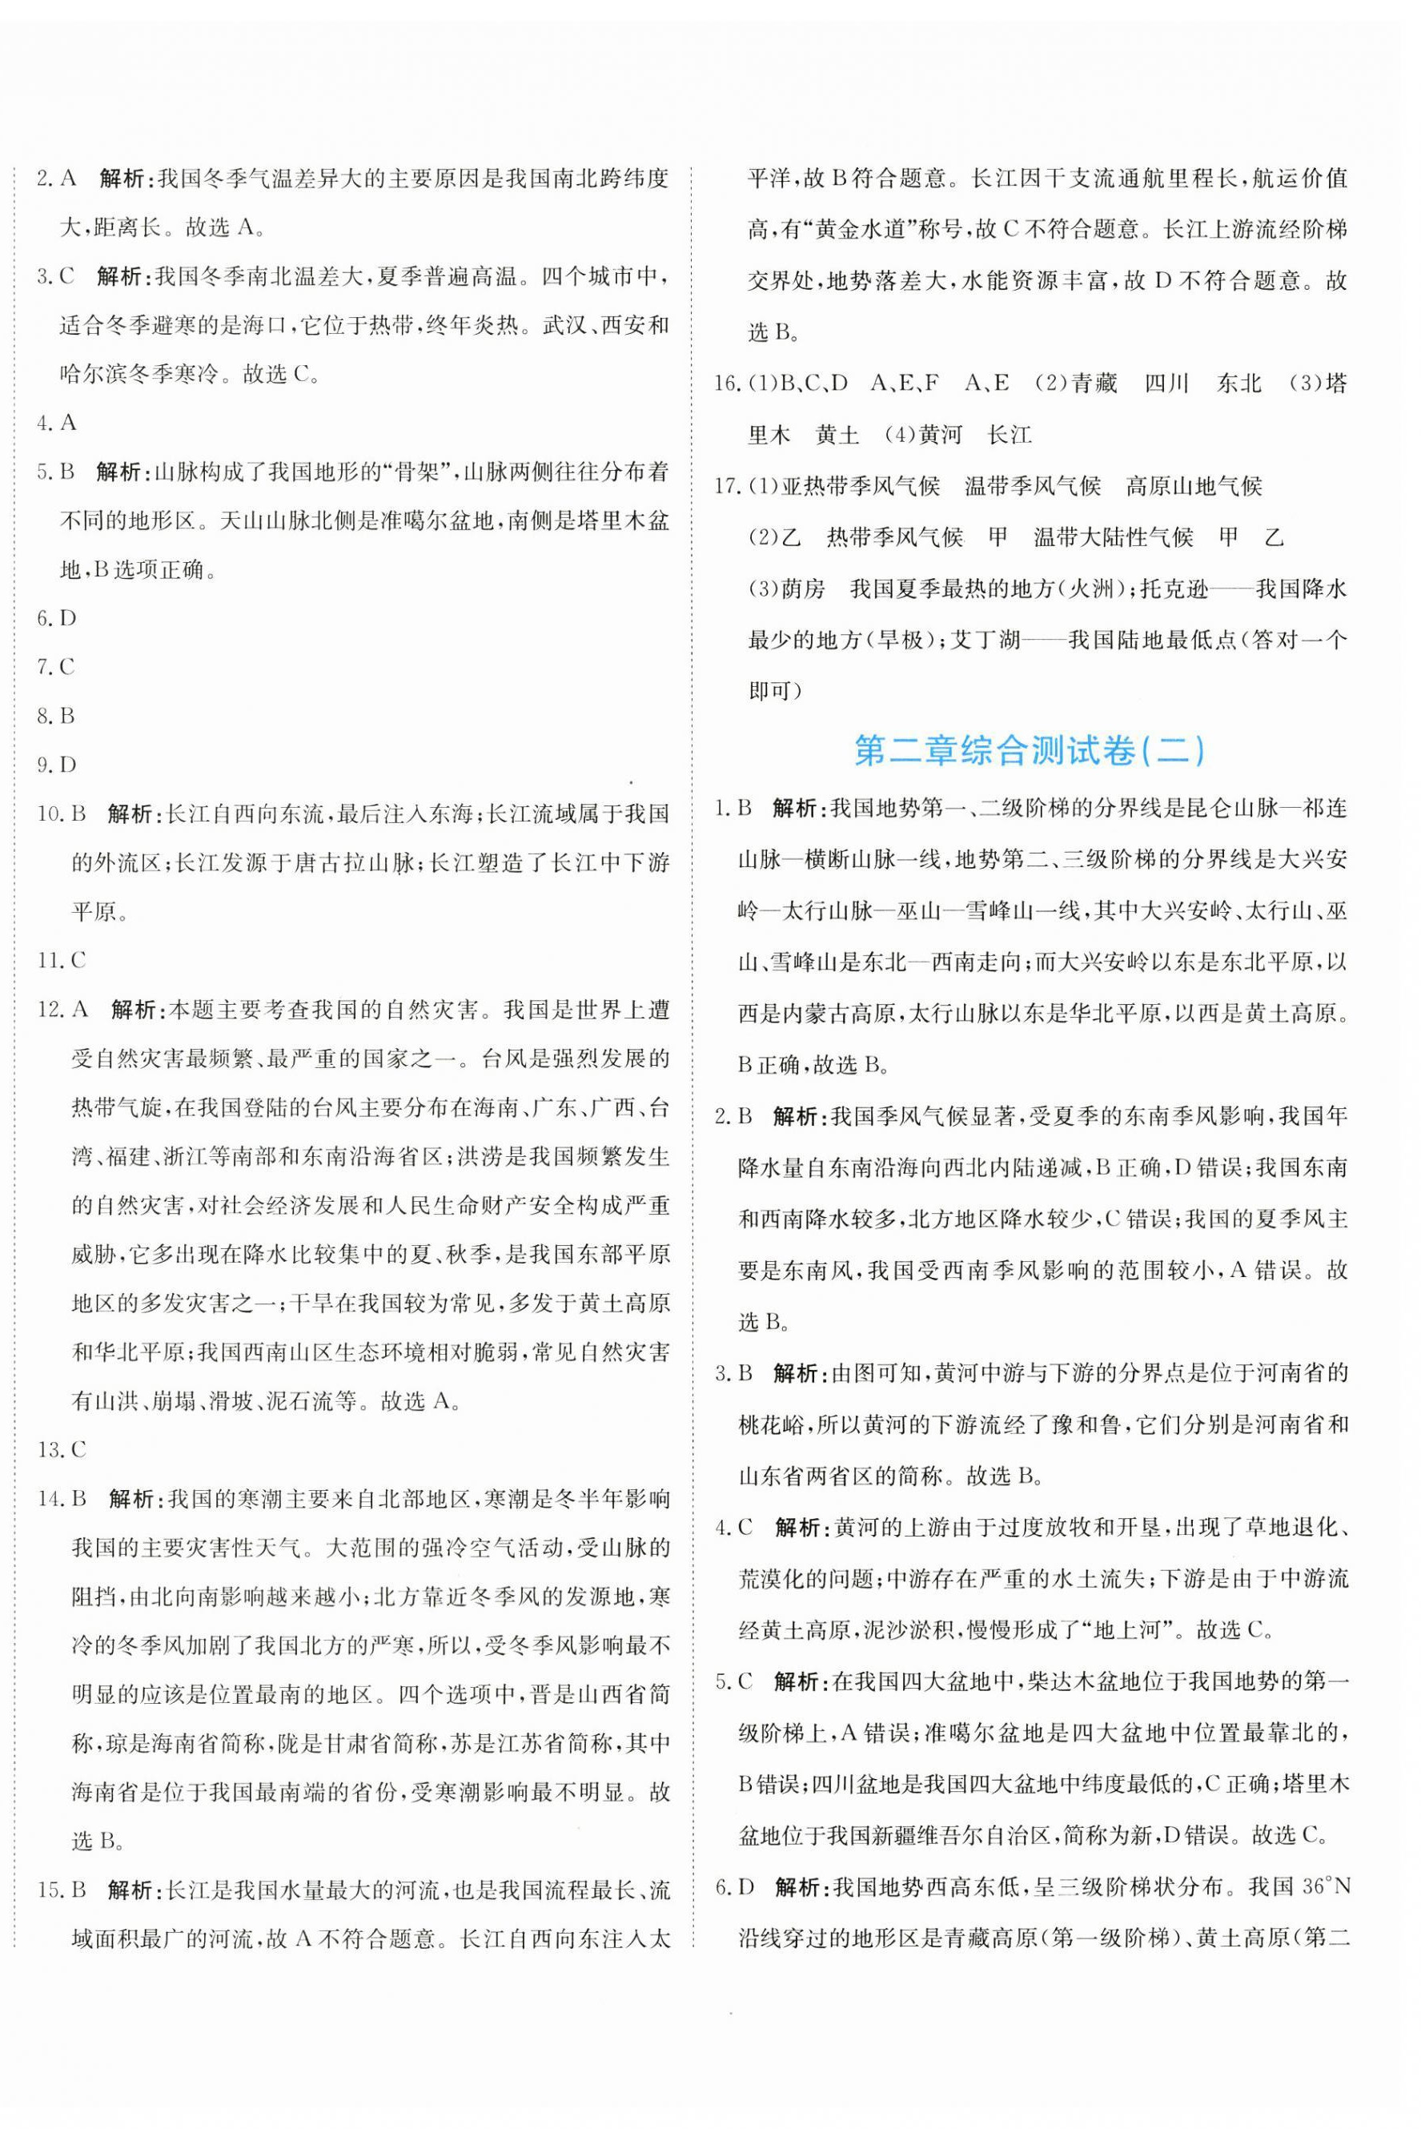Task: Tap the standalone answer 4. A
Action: tap(56, 422)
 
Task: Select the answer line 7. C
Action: tap(56, 667)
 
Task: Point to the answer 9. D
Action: tap(56, 765)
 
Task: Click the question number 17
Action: tap(727, 487)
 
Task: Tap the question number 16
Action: tap(727, 384)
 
